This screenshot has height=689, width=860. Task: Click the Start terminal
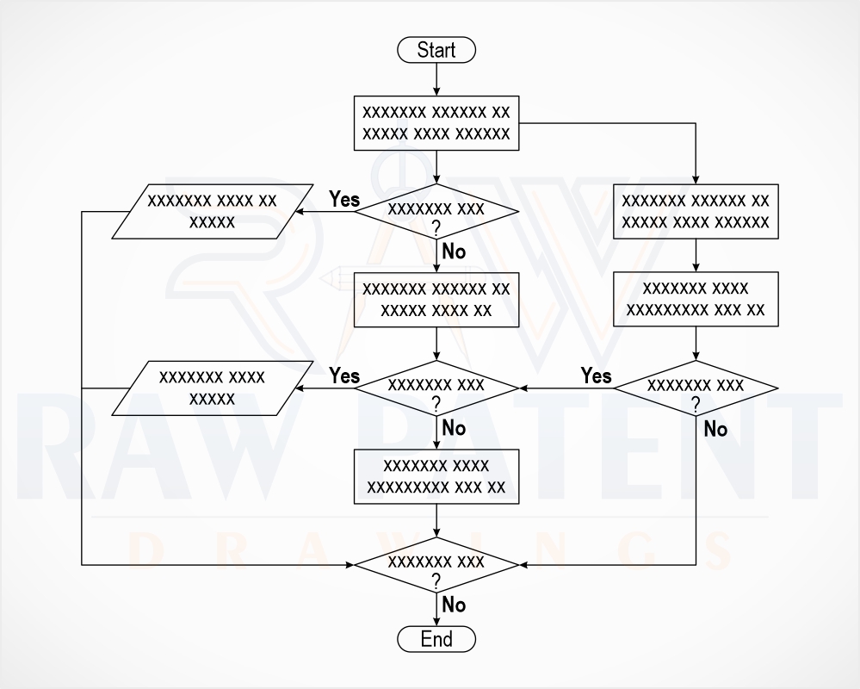[x=436, y=50]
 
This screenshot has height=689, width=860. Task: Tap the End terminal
[x=436, y=639]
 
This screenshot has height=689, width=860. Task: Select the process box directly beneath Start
[x=436, y=123]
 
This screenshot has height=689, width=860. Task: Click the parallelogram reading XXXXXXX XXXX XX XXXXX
[x=213, y=212]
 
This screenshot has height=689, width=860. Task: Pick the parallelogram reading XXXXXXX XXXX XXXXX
[x=213, y=388]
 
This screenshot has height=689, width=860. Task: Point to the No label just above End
[x=454, y=605]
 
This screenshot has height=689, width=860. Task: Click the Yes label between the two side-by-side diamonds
[x=597, y=376]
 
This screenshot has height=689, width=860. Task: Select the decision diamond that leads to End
[x=436, y=565]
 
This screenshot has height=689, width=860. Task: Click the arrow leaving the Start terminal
[x=436, y=79]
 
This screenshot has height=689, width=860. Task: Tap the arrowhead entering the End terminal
[x=436, y=621]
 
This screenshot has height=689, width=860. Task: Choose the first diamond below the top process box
[x=436, y=212]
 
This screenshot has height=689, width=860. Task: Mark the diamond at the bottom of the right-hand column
[x=696, y=388]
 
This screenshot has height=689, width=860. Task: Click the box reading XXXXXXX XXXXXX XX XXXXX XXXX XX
[x=436, y=300]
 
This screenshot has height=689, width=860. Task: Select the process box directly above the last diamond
[x=436, y=476]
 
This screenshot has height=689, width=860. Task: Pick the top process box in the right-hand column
[x=696, y=212]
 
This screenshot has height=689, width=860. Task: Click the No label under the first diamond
[x=454, y=251]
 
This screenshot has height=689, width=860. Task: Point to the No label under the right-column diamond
[x=715, y=429]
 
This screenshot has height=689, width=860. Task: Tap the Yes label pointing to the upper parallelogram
[x=344, y=200]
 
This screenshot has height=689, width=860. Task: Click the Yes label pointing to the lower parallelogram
[x=344, y=376]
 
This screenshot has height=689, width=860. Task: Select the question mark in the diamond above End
[x=436, y=581]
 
